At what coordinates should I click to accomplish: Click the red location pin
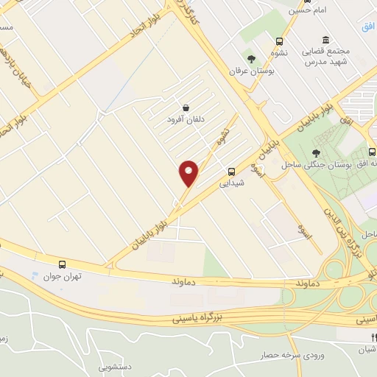(x=189, y=174)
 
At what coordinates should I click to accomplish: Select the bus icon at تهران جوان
(x=63, y=264)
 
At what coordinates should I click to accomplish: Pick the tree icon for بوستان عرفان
(x=251, y=58)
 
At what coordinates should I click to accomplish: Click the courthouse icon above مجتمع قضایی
(x=325, y=40)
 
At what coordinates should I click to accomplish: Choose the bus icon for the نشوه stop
(x=279, y=41)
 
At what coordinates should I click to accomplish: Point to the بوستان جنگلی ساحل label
(x=321, y=163)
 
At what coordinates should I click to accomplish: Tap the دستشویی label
(x=116, y=365)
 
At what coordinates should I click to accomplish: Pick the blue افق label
(x=368, y=26)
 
